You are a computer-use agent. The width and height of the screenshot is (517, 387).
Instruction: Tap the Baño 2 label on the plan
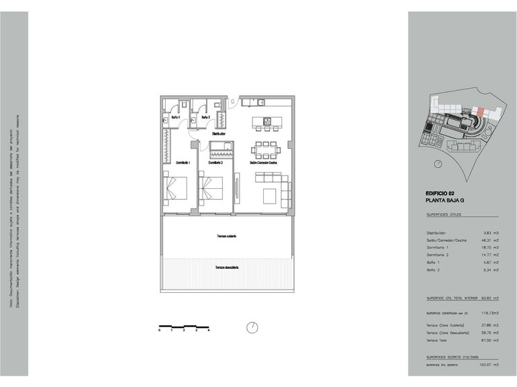[x=205, y=117]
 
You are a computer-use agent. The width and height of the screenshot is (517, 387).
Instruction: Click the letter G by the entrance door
[x=233, y=102]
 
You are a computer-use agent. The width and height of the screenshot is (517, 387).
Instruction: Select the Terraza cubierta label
[x=226, y=236]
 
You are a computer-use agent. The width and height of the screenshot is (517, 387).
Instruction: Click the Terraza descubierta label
[x=228, y=267]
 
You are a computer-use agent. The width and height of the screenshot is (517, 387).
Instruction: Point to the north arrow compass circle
[x=252, y=327]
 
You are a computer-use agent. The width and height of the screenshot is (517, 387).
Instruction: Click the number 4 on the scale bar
[x=209, y=331]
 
